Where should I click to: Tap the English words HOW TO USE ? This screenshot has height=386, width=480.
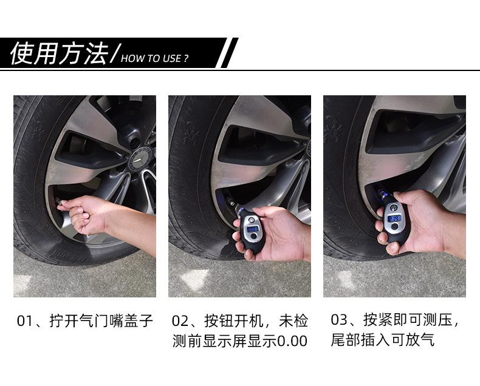[155, 59]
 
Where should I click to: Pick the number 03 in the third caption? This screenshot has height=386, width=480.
[338, 320]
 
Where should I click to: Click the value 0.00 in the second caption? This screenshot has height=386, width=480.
[292, 341]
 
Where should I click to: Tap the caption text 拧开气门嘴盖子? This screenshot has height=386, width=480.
[100, 320]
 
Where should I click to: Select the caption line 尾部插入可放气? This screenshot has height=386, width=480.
[382, 340]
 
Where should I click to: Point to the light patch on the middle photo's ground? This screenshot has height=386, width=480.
[194, 279]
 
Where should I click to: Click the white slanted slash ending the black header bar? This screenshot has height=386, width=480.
[228, 53]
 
